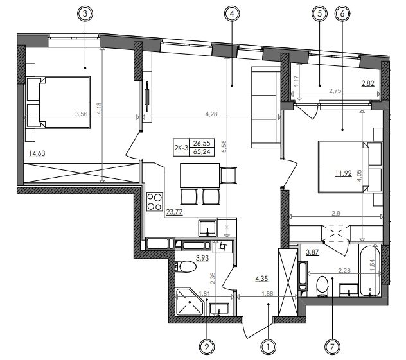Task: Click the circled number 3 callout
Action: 85,13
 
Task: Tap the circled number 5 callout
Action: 319,13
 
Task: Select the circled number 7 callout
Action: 333,347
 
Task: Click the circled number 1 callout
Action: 269,347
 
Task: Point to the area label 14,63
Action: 37,153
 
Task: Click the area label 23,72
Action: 174,212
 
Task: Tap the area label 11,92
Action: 344,173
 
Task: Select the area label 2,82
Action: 368,83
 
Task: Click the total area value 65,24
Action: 202,151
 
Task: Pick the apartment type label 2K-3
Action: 181,148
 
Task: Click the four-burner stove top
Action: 154,201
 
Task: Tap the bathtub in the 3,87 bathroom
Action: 369,270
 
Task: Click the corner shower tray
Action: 190,302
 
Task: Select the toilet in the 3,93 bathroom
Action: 186,266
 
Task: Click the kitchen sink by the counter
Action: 207,228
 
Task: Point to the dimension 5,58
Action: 224,146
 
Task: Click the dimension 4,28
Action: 211,114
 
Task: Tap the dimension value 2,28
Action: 344,271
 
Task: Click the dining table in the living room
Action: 200,175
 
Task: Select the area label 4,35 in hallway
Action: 261,279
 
